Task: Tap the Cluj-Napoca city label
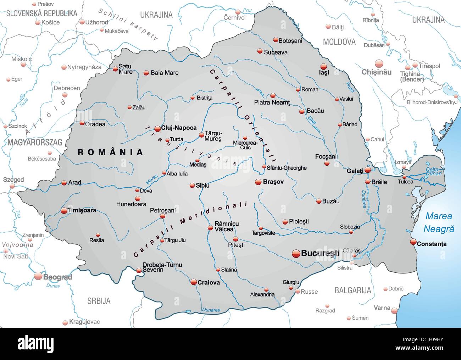coord(178,128)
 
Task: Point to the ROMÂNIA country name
coord(111,152)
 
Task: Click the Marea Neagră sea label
coord(439,222)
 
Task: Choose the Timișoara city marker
coord(64,210)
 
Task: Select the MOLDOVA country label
coord(339,42)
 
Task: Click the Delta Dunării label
coord(433,171)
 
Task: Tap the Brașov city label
coord(273,182)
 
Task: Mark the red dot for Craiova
coord(194,282)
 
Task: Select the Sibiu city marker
coord(192,185)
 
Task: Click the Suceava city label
coord(276,52)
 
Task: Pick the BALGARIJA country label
coord(352,290)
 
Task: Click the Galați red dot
coord(368,170)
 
